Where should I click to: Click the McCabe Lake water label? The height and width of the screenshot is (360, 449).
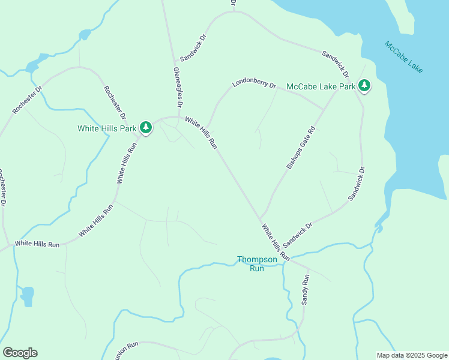(404, 58)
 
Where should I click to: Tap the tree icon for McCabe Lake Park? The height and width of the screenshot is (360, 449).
(364, 86)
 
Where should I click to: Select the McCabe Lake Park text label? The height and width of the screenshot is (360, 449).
(321, 86)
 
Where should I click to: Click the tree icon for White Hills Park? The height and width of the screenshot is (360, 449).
(145, 127)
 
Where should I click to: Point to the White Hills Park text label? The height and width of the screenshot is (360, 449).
(107, 128)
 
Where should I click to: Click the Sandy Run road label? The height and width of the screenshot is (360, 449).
(305, 290)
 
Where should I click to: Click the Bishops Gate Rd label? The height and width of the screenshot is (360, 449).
(301, 148)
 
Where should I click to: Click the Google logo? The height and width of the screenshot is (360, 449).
(20, 352)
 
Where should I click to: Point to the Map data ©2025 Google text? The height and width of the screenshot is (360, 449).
(412, 355)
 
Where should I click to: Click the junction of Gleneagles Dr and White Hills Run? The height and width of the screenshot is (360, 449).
(179, 117)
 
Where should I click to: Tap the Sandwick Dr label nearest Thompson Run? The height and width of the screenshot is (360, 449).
(298, 235)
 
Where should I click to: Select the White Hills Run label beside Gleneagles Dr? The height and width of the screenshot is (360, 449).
(201, 133)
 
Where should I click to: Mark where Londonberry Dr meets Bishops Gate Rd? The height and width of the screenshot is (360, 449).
(325, 109)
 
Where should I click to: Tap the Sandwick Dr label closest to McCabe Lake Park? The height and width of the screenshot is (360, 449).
(335, 64)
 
